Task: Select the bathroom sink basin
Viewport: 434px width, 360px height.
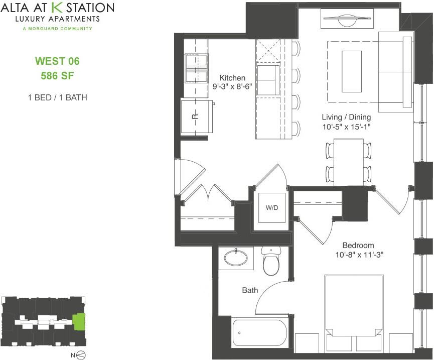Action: point(236,258)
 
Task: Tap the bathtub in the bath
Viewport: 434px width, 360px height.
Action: point(259,333)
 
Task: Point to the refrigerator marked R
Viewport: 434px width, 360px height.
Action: point(196,116)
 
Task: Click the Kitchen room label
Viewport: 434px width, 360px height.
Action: point(232,78)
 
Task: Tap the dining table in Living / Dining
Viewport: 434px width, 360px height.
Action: point(348,161)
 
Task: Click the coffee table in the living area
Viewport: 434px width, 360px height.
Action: point(352,71)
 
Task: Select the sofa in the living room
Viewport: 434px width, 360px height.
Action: point(396,71)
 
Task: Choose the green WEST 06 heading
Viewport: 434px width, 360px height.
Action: point(57,62)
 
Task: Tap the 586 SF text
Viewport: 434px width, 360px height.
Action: point(57,76)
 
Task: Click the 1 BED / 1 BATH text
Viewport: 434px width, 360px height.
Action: point(57,97)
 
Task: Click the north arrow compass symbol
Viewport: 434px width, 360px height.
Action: point(79,355)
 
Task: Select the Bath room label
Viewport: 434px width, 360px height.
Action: point(250,290)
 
